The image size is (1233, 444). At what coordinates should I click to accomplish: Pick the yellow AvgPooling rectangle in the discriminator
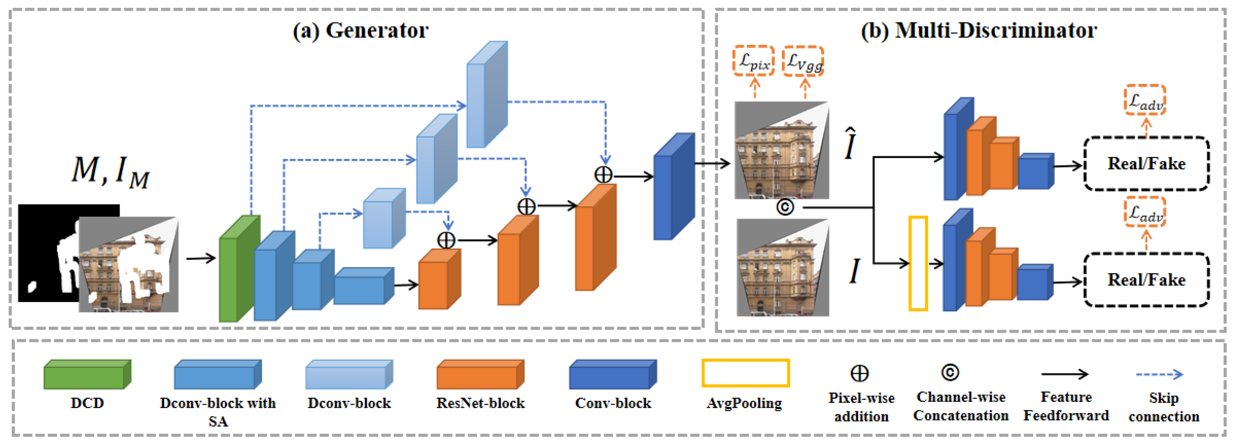pos(918,263)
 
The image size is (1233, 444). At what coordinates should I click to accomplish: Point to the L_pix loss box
pos(753,61)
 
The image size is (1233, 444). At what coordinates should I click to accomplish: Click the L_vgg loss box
pos(803,61)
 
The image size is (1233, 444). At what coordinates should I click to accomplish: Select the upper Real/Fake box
pos(1146,164)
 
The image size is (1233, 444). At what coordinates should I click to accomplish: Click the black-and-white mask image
pos(48,253)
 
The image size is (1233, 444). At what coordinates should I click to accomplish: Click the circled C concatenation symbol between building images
pos(785,207)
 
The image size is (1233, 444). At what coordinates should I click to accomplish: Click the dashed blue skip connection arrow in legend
pos(1159,374)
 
